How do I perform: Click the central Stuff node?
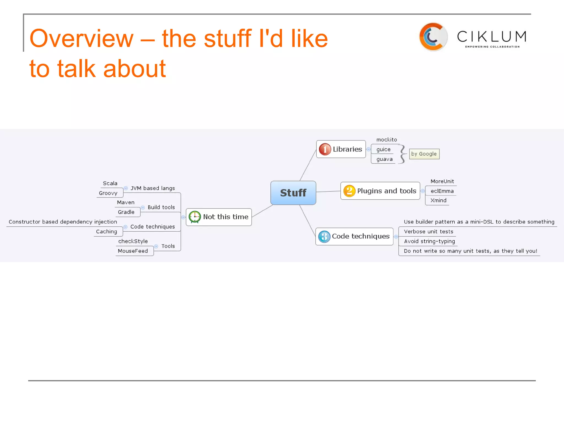[293, 193]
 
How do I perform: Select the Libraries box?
[341, 149]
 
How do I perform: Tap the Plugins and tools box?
[380, 191]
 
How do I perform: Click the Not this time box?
[219, 217]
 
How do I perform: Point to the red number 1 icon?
[325, 149]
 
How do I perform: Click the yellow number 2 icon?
[349, 191]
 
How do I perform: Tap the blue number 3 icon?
[324, 237]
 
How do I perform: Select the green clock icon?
[195, 217]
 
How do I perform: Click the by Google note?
[424, 154]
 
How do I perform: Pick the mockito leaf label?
[387, 140]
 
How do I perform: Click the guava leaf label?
[384, 159]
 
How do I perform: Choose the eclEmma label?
[442, 191]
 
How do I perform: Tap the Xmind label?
[438, 200]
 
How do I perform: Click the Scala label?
[110, 183]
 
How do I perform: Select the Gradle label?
[126, 212]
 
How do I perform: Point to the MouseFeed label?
[133, 251]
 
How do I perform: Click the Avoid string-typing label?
[429, 241]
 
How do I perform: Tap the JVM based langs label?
[153, 188]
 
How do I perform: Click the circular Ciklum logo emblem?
[433, 37]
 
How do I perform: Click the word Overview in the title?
[82, 39]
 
